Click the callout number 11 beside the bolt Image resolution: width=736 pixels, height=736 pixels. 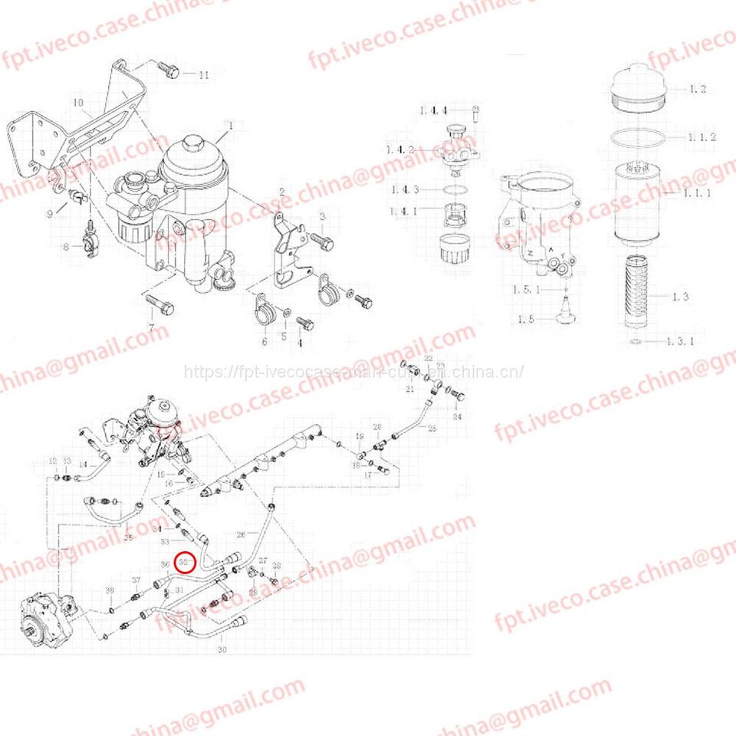coord(203,75)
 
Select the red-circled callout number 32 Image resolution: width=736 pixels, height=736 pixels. coord(186,562)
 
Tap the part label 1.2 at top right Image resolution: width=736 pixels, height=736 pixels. coord(696,90)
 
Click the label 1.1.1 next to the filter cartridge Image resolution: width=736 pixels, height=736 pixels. coord(697,194)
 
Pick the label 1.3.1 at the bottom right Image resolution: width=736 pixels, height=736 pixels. coord(679,341)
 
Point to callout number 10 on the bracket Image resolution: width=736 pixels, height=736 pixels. coord(77,102)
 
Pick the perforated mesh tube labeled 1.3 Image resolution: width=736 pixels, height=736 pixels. coord(637,295)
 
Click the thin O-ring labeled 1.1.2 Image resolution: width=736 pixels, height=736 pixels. coord(637,139)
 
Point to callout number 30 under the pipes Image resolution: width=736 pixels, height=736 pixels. coord(222,650)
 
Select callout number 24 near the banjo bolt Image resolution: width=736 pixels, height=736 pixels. coord(457,418)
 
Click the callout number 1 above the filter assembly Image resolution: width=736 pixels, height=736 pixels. coord(228,124)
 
